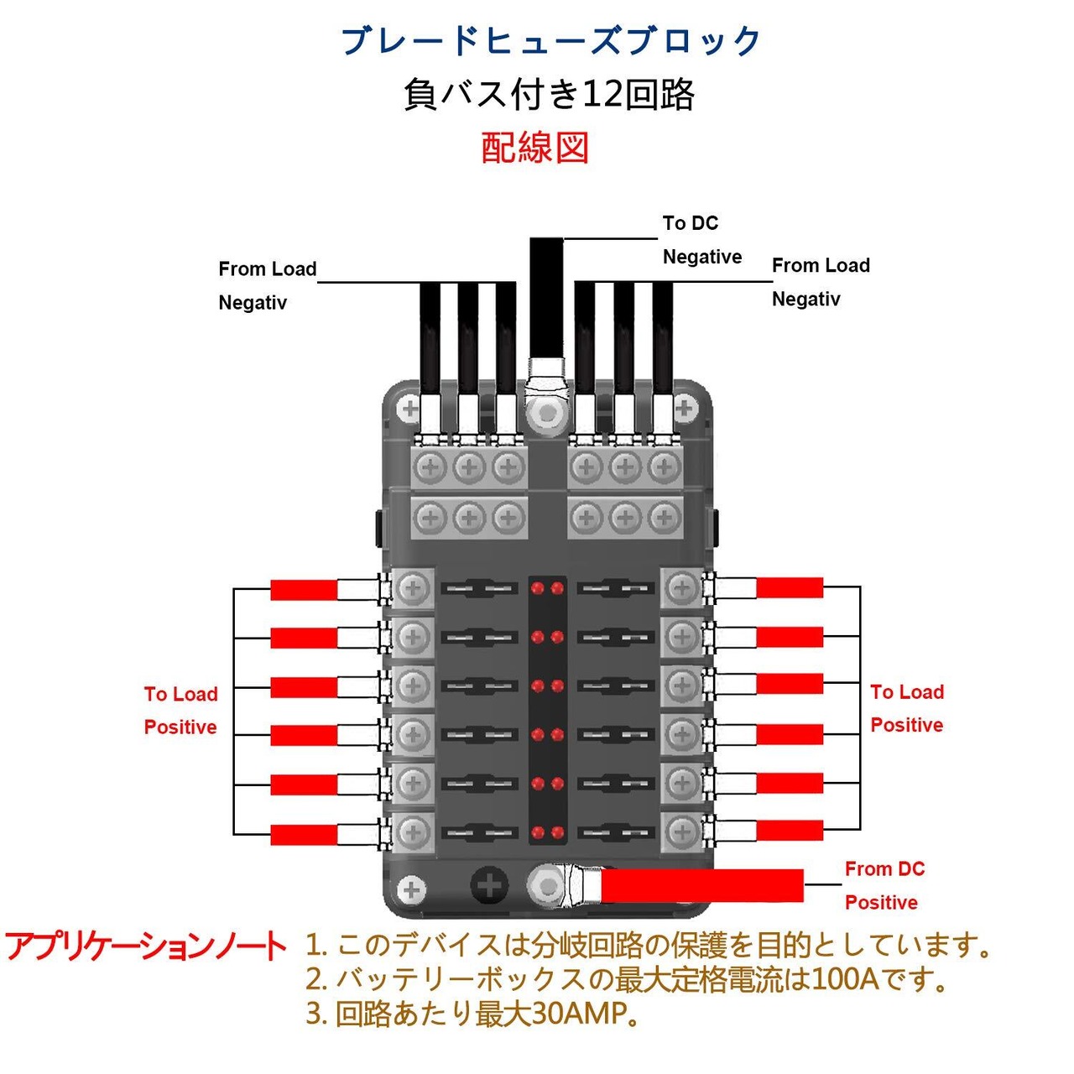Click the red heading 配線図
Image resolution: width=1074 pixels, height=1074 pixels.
coord(534,148)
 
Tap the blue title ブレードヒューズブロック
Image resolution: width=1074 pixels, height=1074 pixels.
coord(550,40)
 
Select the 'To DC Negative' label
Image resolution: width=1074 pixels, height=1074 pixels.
coord(702,240)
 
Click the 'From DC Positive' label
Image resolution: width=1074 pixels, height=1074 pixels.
coord(884,885)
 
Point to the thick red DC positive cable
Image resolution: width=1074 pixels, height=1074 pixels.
coord(701,885)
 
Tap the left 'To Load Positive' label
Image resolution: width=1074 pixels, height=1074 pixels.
coord(180,711)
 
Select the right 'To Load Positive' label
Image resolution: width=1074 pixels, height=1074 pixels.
coord(907,708)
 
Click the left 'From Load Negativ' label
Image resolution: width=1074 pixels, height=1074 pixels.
coord(268,285)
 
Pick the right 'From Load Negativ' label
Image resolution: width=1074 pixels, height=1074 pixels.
coord(821,282)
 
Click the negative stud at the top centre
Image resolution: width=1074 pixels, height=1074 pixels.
coord(547,413)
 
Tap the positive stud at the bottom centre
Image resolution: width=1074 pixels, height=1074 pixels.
coord(547,885)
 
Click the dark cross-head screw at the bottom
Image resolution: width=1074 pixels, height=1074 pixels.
coord(489,885)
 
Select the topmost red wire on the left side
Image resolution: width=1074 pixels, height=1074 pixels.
coord(304,590)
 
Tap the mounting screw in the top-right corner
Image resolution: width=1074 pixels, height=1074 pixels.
coord(685,409)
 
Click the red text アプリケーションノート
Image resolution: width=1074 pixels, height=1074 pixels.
coord(146,947)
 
